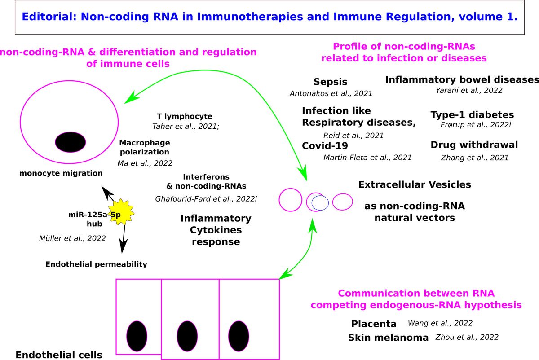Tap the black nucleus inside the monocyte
tap(70, 143)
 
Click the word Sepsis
tap(331, 82)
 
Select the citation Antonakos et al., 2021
tap(331, 93)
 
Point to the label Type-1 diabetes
tap(472, 114)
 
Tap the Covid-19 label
tap(325, 146)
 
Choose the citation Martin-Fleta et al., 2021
tap(367, 158)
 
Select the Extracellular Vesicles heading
tap(414, 184)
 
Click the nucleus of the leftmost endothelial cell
tap(137, 336)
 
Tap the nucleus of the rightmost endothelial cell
tap(239, 336)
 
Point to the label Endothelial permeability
tap(96, 264)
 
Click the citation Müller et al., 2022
tap(72, 238)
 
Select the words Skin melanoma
tap(388, 338)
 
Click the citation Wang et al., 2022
tap(440, 323)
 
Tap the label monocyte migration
tap(61, 173)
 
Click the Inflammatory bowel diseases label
tap(462, 79)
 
